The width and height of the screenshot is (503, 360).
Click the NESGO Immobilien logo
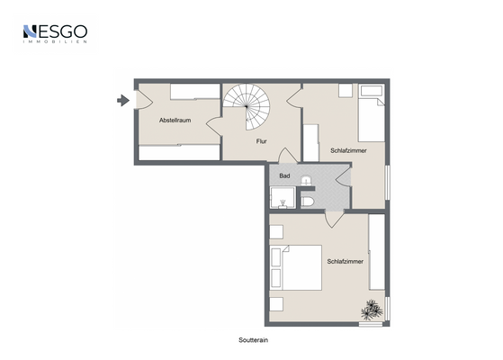click(x=55, y=33)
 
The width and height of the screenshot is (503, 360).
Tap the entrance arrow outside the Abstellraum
click(x=123, y=101)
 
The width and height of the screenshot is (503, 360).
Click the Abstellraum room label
click(x=175, y=121)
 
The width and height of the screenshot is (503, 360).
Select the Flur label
click(x=262, y=141)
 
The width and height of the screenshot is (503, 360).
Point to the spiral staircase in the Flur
click(x=247, y=107)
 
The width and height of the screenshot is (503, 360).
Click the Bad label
click(x=284, y=175)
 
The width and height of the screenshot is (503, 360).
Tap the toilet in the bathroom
click(x=308, y=202)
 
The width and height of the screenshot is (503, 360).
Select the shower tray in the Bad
click(x=283, y=198)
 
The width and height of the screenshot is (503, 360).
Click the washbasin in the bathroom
click(x=306, y=180)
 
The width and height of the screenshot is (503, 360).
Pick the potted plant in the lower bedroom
click(x=372, y=310)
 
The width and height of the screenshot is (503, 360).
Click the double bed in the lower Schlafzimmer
click(x=295, y=268)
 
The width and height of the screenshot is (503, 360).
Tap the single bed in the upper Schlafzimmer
click(x=372, y=112)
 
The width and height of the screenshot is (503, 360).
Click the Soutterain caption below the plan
click(x=253, y=340)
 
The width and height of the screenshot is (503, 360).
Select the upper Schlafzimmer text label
click(x=348, y=150)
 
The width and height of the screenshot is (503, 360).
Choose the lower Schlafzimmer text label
click(x=346, y=262)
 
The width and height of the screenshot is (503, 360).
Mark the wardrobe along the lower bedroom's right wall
click(x=377, y=252)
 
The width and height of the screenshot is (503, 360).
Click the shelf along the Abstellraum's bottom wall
click(x=179, y=152)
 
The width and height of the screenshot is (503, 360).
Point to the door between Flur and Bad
click(x=287, y=156)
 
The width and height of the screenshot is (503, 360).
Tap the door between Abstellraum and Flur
click(x=214, y=126)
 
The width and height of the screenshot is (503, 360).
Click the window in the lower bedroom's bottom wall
click(x=371, y=324)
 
